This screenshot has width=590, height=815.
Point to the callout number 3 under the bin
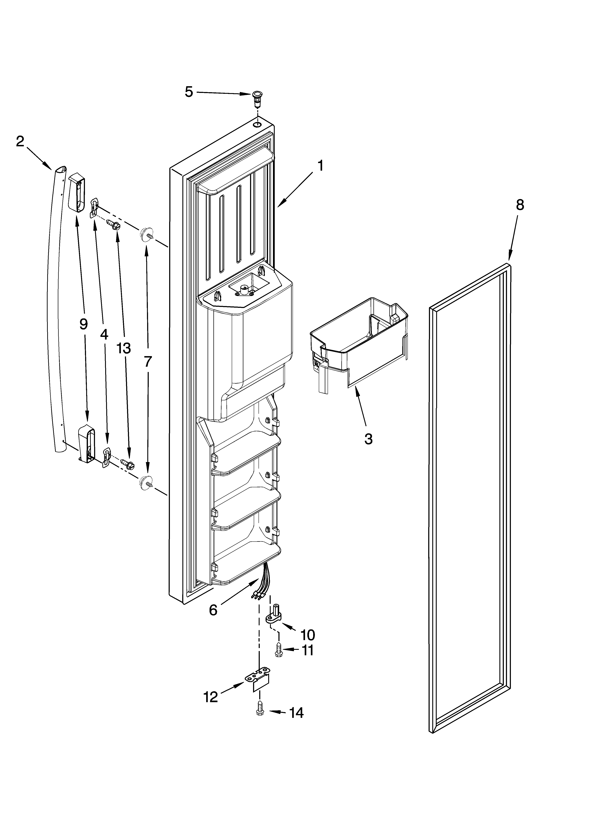(368, 439)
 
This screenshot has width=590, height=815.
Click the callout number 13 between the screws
(124, 348)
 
